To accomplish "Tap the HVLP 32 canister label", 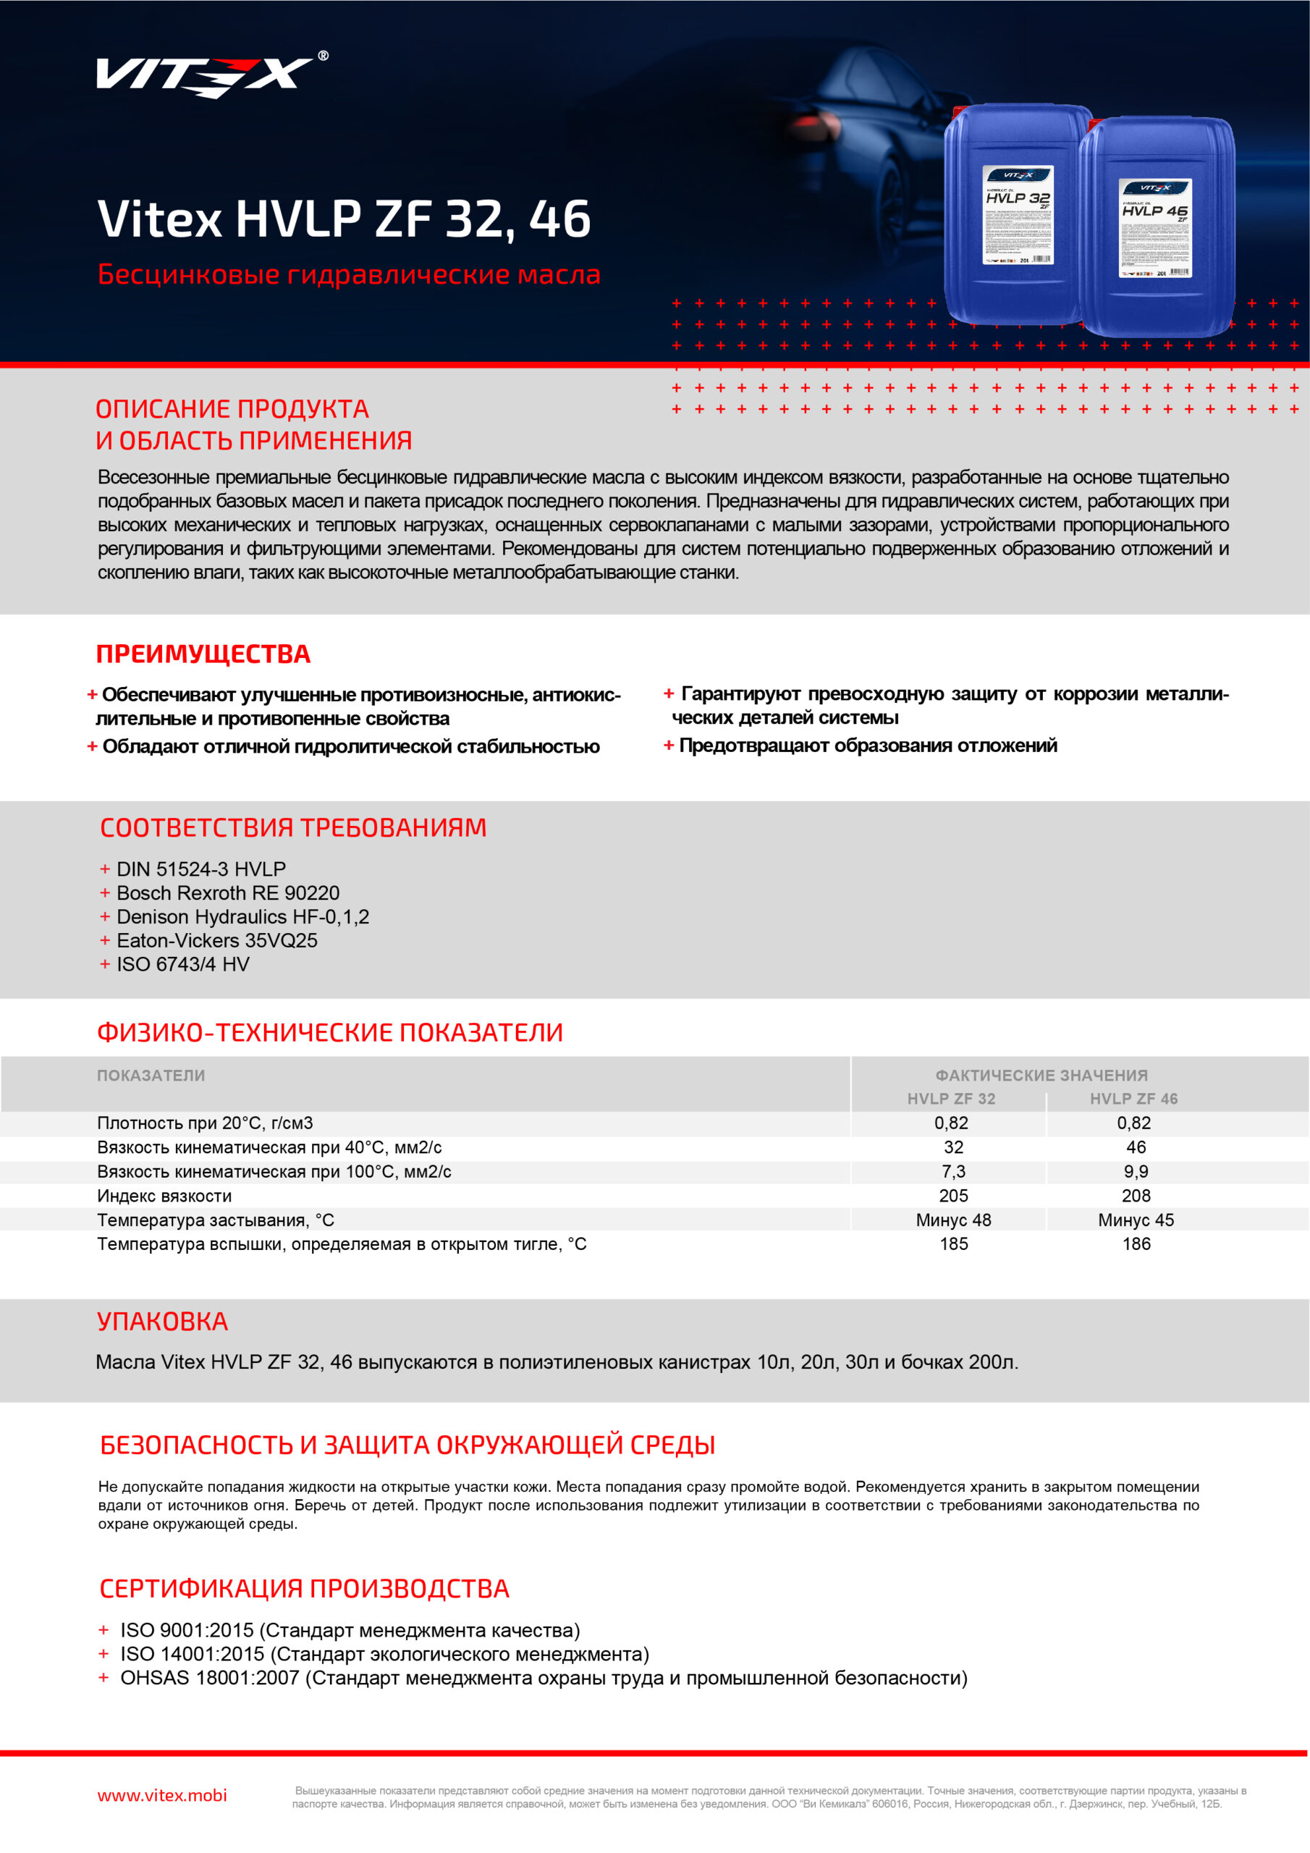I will coord(1018,215).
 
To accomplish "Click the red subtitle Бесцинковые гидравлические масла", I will coord(349,274).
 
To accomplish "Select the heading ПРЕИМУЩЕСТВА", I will coord(203,654).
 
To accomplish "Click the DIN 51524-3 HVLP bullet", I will coord(201,869).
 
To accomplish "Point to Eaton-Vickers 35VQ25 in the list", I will coord(216,940).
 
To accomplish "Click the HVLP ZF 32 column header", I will coord(951,1098).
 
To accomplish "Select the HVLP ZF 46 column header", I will coord(1133,1098).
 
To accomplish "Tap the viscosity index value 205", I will coord(953,1195).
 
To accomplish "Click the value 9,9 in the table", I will coord(1136,1171).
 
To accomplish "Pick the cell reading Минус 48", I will coord(953,1220).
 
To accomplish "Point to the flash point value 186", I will coord(1136,1244).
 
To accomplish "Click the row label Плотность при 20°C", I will coord(204,1123).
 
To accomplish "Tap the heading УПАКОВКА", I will coord(162,1321).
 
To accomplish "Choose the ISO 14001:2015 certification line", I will coord(384,1654).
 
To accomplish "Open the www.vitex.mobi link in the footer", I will coord(162,1795).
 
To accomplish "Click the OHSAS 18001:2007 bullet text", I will coord(544,1678).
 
